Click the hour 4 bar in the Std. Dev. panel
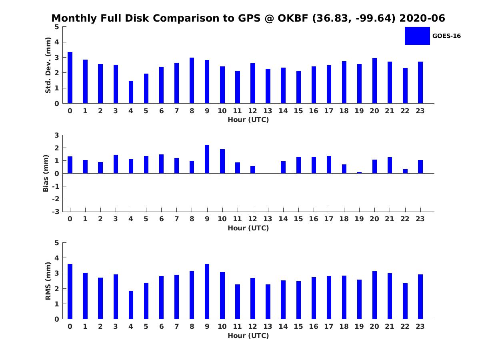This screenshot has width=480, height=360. (131, 92)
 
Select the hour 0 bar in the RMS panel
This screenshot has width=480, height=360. (70, 292)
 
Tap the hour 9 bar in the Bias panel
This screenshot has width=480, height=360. (207, 159)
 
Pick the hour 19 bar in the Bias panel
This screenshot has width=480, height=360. (359, 172)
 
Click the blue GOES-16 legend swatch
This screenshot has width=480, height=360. (417, 36)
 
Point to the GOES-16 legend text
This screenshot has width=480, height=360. (446, 36)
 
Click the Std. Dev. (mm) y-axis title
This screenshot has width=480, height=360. (48, 65)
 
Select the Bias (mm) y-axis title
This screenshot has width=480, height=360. (46, 173)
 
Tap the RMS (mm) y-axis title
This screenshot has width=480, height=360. (48, 281)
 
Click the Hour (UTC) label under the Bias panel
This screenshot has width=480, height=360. (248, 228)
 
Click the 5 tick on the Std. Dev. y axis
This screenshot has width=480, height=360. (57, 27)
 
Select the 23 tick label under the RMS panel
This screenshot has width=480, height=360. (420, 326)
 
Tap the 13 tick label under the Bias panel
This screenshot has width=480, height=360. (268, 219)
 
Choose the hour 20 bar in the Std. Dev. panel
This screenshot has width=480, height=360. (374, 81)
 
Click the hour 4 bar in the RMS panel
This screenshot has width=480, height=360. (131, 305)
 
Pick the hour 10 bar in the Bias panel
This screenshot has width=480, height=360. (222, 161)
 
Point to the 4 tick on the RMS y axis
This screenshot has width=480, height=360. (57, 258)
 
